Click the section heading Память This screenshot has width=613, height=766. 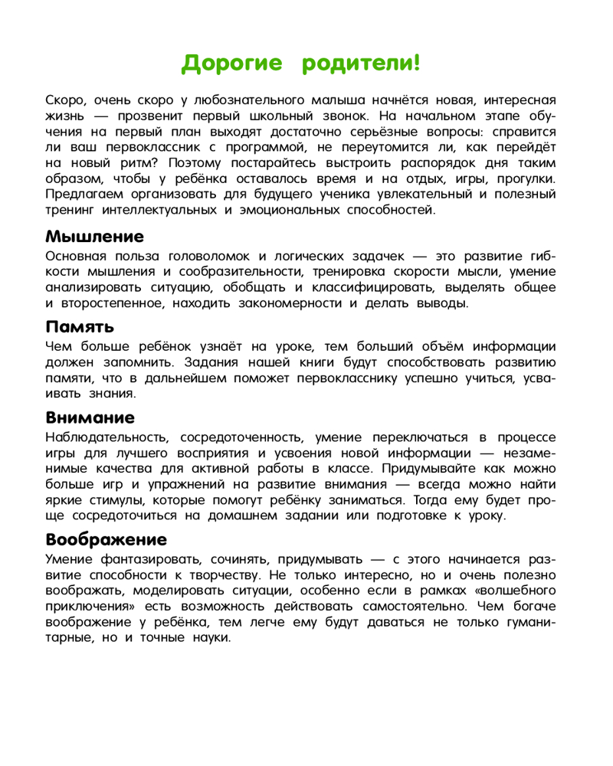click(x=80, y=326)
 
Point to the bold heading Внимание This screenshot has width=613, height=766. click(x=90, y=417)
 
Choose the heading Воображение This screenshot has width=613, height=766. click(x=106, y=538)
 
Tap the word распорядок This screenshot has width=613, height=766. click(x=430, y=164)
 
